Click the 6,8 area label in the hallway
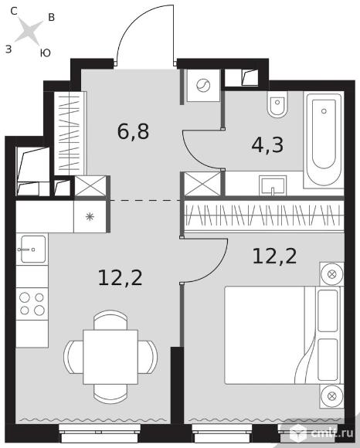[133, 131]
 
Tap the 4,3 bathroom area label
[267, 145]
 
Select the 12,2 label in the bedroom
[274, 256]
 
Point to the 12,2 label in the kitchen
[120, 278]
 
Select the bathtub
[324, 140]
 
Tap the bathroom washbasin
[273, 185]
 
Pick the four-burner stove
[32, 304]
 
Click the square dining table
[110, 357]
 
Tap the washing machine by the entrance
[203, 85]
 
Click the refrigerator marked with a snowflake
[90, 217]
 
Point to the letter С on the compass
[14, 11]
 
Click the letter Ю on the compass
[45, 53]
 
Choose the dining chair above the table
[110, 320]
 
